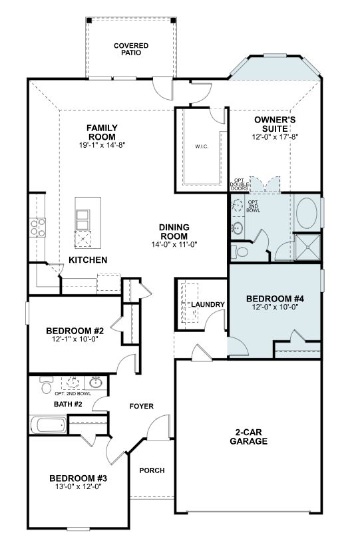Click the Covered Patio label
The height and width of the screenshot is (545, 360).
pos(131,49)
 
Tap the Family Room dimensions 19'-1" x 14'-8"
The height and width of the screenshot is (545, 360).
pos(102,145)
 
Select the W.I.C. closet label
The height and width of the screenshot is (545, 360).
pos(202,146)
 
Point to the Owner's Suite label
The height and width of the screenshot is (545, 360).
pos(275,124)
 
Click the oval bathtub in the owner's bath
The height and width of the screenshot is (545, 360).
pos(307,214)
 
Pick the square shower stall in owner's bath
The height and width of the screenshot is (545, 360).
pos(307,247)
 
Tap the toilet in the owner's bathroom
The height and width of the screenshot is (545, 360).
pos(239,252)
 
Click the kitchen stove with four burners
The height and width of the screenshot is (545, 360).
pos(37,228)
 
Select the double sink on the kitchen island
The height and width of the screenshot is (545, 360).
pos(83,220)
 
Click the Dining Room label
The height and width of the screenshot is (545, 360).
pos(174,232)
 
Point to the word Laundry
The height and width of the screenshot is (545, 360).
pos(208,305)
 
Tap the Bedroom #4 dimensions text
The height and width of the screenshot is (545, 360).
pos(275,307)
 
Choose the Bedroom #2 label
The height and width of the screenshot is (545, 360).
pos(75,331)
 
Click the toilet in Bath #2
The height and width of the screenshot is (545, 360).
pos(46,385)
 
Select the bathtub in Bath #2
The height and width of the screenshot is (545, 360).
pos(49,425)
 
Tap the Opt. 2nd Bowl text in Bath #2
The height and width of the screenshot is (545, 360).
pos(73,394)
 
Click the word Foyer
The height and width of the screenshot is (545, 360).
pos(142,407)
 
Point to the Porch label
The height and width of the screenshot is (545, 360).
pos(152,470)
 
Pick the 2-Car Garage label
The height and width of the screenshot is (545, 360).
pos(249,437)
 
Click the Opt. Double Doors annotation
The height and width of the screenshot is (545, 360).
pos(239,184)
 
